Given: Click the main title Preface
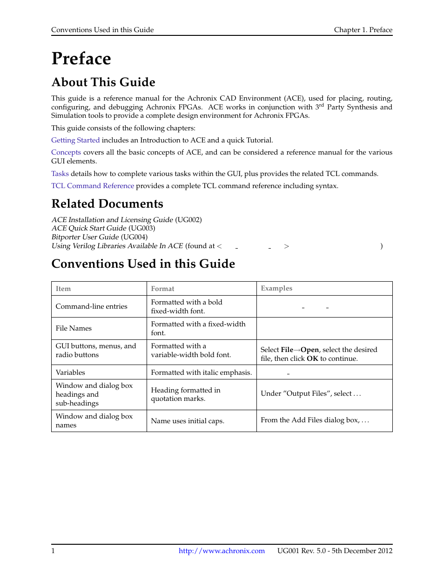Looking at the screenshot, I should pyautogui.click(x=81, y=59).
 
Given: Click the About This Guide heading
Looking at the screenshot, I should pyautogui.click(x=103, y=82).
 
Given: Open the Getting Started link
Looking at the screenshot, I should pyautogui.click(x=75, y=140).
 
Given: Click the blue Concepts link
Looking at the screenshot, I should pyautogui.click(x=66, y=152).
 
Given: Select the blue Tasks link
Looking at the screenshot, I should pyautogui.click(x=60, y=174).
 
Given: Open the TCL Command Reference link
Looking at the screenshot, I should pyautogui.click(x=93, y=186).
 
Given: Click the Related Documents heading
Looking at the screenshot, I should pyautogui.click(x=107, y=204).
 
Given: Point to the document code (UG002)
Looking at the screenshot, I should pyautogui.click(x=188, y=220).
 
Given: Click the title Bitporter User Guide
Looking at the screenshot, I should pyautogui.click(x=85, y=237).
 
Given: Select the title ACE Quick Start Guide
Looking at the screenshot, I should pyautogui.click(x=89, y=228).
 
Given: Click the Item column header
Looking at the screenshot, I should pyautogui.click(x=63, y=289).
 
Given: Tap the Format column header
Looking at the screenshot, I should pyautogui.click(x=162, y=289).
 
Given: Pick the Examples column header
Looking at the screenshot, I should pyautogui.click(x=276, y=288).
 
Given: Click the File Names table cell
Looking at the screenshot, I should pyautogui.click(x=74, y=328).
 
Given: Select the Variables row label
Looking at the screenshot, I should pyautogui.click(x=70, y=372).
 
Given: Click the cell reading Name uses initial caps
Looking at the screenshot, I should pyautogui.click(x=188, y=421).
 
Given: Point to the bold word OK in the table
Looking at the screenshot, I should pyautogui.click(x=312, y=359).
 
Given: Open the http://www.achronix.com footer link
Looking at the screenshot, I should pyautogui.click(x=222, y=551).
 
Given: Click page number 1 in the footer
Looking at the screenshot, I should pyautogui.click(x=53, y=551).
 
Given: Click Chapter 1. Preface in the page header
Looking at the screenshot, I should pyautogui.click(x=363, y=30).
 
